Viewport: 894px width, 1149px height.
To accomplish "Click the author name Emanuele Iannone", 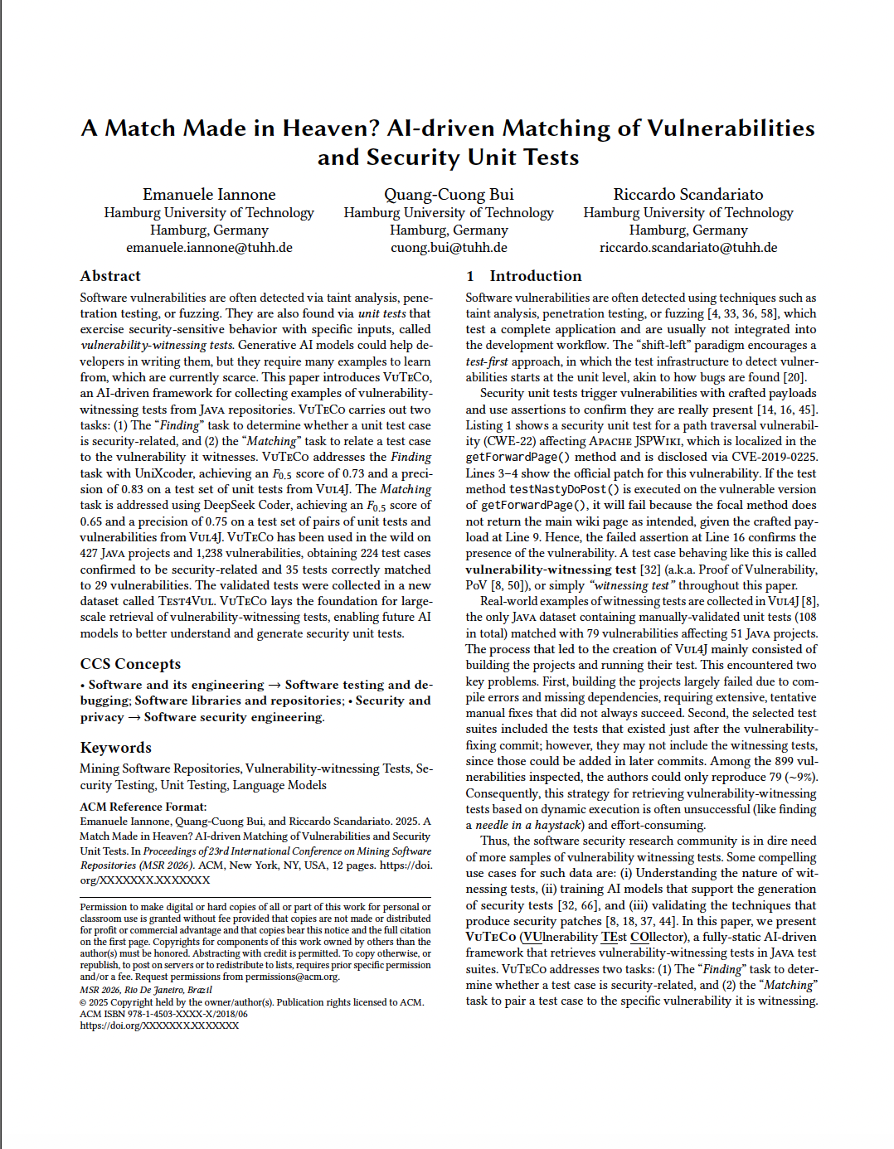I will (209, 195).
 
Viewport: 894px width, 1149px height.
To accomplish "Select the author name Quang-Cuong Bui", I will (449, 195).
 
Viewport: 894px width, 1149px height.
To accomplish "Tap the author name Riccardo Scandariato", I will (688, 195).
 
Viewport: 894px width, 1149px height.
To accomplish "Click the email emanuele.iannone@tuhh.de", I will (209, 248).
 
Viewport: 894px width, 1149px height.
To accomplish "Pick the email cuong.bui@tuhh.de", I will (449, 248).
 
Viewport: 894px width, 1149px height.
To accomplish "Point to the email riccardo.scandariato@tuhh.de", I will (688, 248).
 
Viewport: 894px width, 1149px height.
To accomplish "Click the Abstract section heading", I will (110, 276).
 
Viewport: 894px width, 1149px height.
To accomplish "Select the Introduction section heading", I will (535, 276).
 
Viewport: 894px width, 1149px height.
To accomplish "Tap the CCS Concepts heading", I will (130, 664).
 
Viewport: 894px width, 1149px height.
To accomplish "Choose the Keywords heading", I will (116, 748).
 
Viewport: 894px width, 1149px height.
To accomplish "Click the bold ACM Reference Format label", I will (143, 807).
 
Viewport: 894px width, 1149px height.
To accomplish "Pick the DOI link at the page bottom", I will (159, 1025).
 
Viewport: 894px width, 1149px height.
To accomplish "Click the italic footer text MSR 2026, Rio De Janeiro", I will (146, 990).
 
